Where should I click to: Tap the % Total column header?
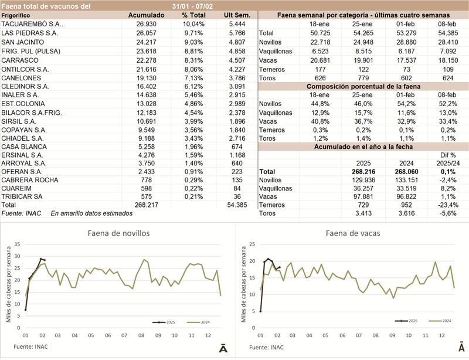pyautogui.click(x=193, y=14)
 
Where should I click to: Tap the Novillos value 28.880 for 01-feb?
pyautogui.click(x=402, y=42)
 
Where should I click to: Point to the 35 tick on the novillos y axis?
pyautogui.click(x=18, y=244)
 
